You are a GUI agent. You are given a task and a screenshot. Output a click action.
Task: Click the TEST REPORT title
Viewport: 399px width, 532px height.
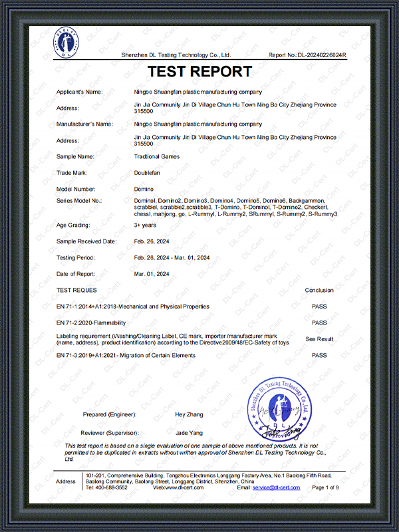point(199,72)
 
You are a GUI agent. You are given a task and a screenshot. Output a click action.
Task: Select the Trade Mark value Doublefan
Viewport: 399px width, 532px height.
point(148,172)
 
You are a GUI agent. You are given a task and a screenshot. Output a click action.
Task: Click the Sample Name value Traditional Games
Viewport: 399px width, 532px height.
point(156,156)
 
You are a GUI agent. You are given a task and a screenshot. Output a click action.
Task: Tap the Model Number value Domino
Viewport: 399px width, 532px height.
point(144,189)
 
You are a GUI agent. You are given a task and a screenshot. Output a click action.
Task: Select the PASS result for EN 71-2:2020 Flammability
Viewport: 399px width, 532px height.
point(319,323)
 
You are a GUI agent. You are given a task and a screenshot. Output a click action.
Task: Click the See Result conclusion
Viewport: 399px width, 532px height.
point(319,339)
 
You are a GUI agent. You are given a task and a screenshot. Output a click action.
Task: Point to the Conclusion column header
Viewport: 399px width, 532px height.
point(319,291)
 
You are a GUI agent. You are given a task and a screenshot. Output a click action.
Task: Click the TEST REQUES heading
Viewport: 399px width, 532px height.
point(76,291)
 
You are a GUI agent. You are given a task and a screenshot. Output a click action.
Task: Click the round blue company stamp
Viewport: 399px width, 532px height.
point(279,408)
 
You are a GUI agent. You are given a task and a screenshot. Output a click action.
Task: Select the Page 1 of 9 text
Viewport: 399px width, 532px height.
point(325,487)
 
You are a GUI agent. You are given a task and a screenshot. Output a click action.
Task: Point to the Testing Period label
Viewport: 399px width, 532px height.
point(76,257)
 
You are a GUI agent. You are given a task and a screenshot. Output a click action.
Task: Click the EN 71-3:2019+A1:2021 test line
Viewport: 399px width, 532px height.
point(126,356)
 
